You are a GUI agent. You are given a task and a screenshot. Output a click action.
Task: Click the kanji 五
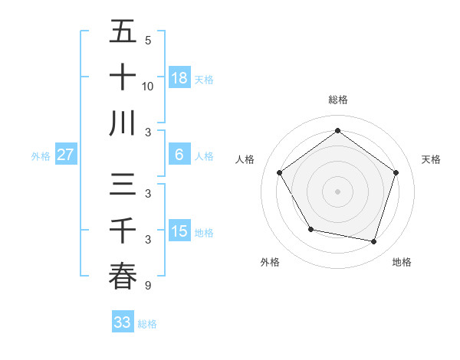123,32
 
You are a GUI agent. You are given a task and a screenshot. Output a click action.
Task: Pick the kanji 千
123,231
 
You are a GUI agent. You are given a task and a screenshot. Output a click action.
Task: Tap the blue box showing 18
179,78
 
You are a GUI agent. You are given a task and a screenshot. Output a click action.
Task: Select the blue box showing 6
179,155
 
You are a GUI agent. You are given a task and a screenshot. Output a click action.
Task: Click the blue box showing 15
179,231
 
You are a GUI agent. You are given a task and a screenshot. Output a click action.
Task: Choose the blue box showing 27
65,155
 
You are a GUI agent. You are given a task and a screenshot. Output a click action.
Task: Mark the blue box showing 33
122,322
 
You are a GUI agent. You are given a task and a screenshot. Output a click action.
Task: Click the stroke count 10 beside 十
148,86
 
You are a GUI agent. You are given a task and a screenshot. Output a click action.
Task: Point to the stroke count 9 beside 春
148,286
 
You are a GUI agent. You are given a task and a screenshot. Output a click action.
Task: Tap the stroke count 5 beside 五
148,41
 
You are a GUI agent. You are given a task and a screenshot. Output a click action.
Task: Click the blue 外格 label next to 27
41,156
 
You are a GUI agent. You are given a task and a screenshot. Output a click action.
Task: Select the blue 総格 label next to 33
147,324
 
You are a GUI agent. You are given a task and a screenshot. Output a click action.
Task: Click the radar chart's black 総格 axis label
337,100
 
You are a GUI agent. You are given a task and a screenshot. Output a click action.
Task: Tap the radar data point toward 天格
396,172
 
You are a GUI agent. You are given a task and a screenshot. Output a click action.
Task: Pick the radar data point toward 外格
310,229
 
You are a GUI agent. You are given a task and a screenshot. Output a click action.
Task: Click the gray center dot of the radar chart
337,191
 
